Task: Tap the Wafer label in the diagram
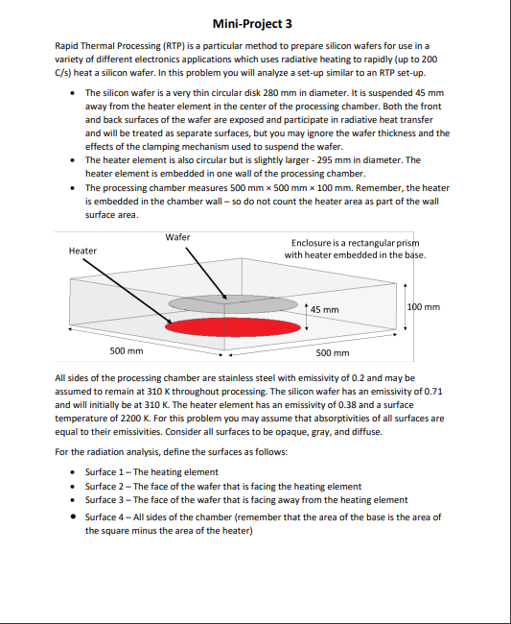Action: tap(177, 236)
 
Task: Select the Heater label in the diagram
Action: tap(82, 251)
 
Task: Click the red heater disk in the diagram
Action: tap(232, 326)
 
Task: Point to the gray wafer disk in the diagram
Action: tap(232, 302)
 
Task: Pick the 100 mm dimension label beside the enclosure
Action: tap(424, 306)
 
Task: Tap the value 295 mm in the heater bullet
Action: tap(344, 159)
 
